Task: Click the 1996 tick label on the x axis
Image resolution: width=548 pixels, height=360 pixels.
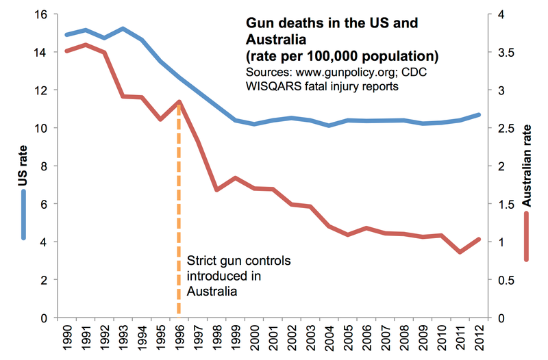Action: click(179, 337)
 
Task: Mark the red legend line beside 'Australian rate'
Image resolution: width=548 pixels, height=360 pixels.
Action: click(526, 236)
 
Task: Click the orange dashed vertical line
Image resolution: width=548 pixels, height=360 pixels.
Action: click(179, 219)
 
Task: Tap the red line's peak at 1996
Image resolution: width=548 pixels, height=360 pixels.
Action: click(179, 102)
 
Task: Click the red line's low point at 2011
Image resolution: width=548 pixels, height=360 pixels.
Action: click(460, 252)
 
